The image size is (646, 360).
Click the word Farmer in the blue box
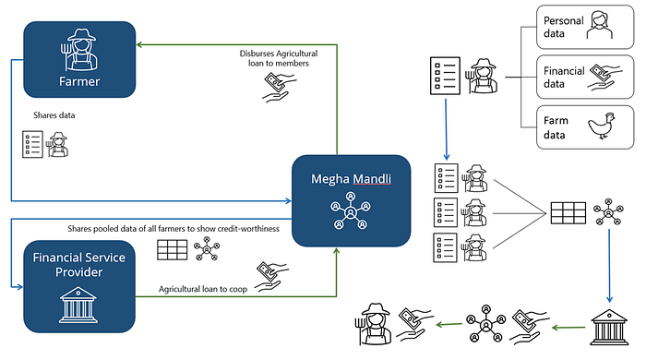[79, 81]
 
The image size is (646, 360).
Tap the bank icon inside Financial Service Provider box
[78, 305]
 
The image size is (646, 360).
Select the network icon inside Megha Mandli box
[351, 210]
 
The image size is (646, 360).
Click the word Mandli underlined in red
[372, 179]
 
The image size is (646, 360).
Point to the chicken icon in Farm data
[602, 126]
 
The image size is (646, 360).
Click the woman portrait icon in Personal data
[600, 25]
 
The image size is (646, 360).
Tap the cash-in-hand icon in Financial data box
[604, 77]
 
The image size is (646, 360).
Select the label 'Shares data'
[54, 115]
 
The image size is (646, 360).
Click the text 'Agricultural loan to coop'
[203, 289]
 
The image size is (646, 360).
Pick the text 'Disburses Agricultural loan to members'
[279, 58]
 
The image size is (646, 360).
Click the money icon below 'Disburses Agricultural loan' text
[279, 87]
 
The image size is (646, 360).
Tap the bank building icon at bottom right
[609, 327]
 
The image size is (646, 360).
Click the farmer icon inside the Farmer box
[78, 50]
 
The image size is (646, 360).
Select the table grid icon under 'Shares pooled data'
[173, 250]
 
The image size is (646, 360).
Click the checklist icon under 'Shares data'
[32, 144]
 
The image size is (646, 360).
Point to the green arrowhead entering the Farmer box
[139, 44]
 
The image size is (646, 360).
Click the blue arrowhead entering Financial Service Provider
[19, 287]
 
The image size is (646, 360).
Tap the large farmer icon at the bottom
[373, 324]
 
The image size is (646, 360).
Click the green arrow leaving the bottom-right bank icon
[568, 328]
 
